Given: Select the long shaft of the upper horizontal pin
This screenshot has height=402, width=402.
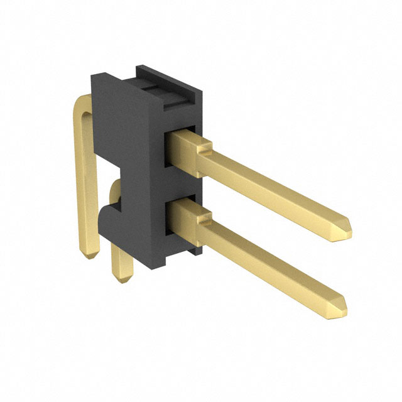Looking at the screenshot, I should (x=270, y=185).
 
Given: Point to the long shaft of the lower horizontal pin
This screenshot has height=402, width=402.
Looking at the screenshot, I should (x=270, y=261).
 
